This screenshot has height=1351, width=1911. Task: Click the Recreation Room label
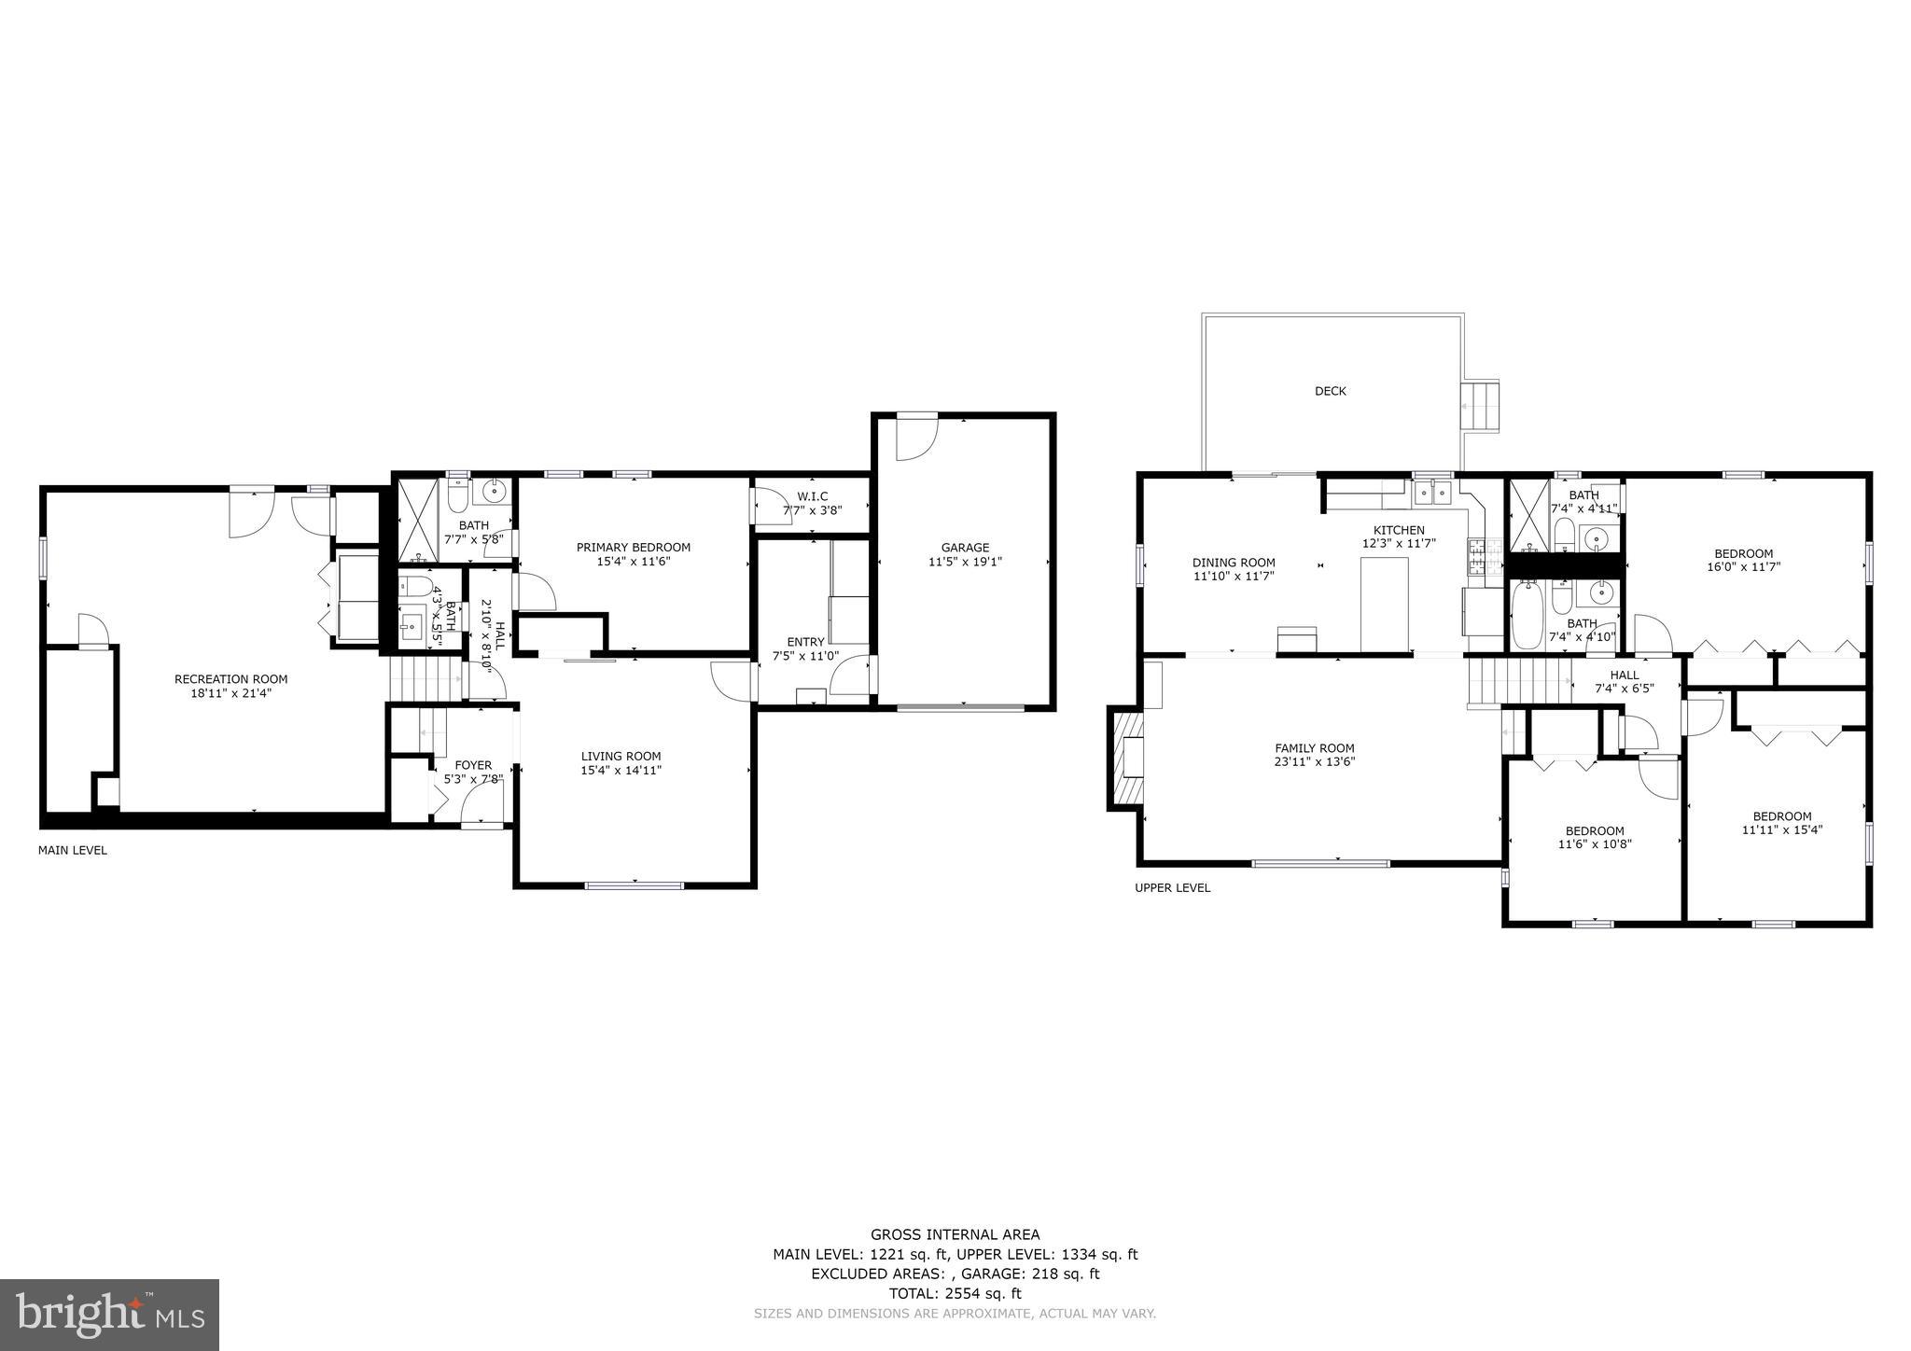point(230,679)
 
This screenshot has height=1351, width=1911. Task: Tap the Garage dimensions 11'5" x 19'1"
point(965,562)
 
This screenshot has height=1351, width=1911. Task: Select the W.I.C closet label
point(812,496)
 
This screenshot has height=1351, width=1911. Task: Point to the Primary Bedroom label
point(633,548)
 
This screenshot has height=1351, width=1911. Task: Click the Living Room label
point(621,757)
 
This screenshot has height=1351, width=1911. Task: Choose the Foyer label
point(473,765)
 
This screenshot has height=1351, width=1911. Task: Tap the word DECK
point(1330,391)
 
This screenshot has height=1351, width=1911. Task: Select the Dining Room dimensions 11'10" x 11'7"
point(1234,577)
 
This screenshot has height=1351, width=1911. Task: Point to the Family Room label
point(1314,748)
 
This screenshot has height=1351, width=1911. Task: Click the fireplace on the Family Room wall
point(1126,757)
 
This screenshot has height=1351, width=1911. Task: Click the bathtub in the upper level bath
point(1527,616)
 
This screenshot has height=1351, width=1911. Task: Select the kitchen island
point(1385,603)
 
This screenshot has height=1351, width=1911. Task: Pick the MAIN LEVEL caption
point(72,851)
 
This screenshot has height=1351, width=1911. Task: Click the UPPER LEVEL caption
point(1172,888)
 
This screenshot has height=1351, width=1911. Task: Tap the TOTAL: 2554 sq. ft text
point(955,1293)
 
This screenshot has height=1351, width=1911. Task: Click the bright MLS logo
point(109,1315)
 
